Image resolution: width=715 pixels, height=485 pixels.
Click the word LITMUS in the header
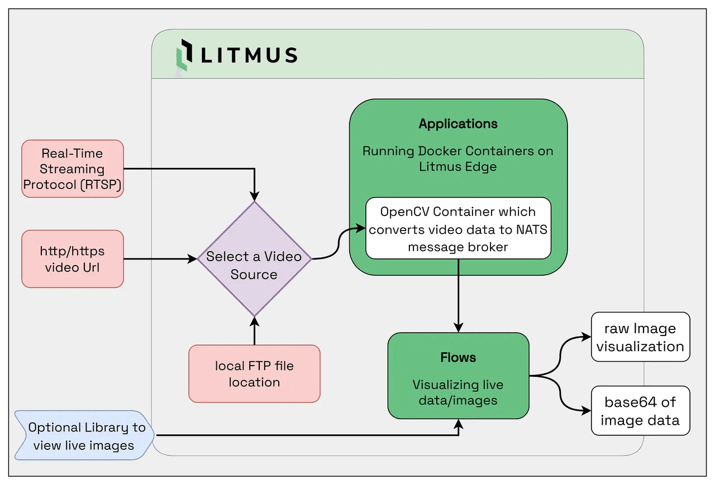click(249, 55)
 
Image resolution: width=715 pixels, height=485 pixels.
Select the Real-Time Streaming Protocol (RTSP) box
click(72, 169)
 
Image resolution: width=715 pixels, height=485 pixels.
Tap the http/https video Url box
click(72, 259)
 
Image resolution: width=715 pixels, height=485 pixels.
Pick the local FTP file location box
click(254, 373)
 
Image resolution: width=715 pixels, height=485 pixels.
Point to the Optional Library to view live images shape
click(84, 436)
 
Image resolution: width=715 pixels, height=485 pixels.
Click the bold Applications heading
click(458, 124)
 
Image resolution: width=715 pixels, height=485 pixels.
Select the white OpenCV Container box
click(458, 228)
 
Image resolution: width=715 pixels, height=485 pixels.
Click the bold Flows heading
click(458, 357)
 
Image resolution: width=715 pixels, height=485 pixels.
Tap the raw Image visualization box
click(640, 337)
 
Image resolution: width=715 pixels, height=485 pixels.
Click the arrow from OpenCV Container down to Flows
click(458, 296)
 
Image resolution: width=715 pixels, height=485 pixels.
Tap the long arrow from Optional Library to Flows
click(307, 435)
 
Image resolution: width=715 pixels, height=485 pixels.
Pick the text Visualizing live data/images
click(458, 392)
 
